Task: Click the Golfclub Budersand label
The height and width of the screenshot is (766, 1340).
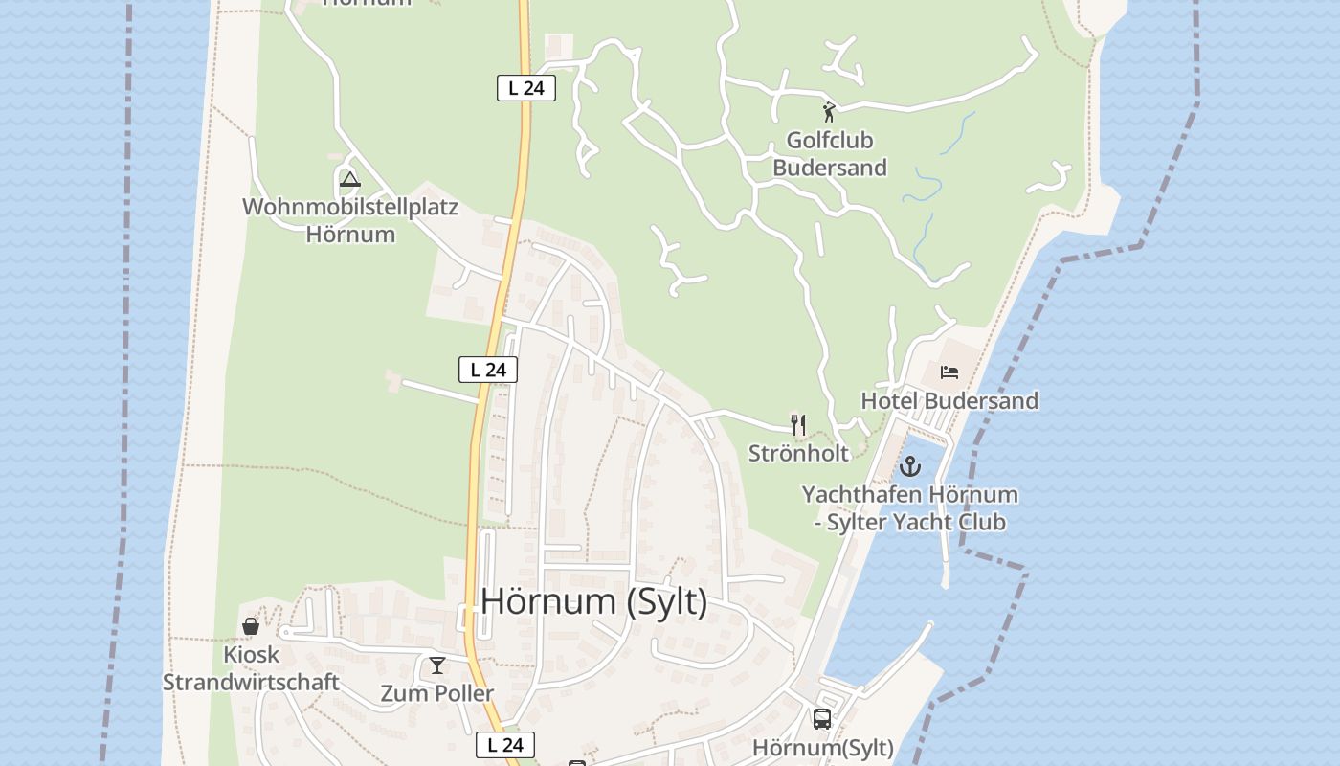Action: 830,154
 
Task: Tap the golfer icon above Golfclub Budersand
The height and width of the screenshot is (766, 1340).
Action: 829,112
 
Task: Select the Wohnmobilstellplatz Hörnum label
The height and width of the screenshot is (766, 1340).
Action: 350,220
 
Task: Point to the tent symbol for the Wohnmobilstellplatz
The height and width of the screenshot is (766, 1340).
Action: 350,179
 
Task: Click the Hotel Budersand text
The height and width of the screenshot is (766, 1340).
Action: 949,400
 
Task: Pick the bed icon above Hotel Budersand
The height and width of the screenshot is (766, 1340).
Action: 949,372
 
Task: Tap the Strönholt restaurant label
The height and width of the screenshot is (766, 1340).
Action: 798,453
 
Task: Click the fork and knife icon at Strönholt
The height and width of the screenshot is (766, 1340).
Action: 798,424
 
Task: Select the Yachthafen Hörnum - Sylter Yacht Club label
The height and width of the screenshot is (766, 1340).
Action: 909,508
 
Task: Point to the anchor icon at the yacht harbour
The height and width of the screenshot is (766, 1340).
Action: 909,467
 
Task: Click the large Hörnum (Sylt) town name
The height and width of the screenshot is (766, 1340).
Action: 594,601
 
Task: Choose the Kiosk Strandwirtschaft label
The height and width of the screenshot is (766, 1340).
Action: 251,668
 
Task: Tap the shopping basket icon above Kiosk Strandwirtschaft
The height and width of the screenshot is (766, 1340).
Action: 251,627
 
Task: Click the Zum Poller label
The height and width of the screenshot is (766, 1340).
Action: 437,693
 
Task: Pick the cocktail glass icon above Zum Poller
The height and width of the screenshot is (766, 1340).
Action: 437,665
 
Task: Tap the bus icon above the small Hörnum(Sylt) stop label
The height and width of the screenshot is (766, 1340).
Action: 822,719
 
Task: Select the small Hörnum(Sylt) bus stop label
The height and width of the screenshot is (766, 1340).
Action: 823,748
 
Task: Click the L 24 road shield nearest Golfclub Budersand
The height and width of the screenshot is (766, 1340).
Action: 526,88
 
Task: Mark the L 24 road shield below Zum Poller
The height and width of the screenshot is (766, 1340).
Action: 505,745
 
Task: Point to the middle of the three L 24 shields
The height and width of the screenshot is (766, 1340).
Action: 488,370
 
